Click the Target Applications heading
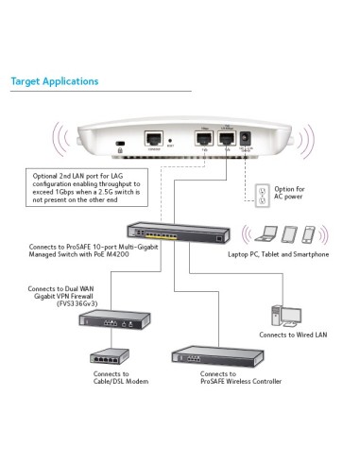coord(54,81)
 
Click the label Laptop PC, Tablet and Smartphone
coord(279,254)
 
